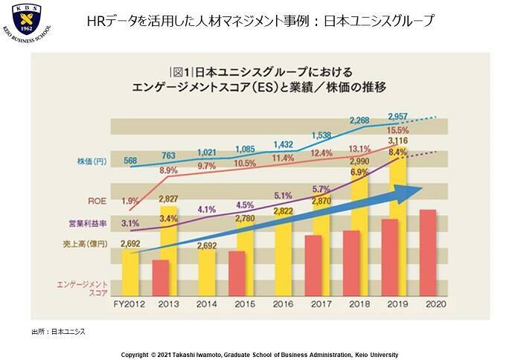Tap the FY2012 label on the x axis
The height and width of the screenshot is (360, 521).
[x=129, y=304]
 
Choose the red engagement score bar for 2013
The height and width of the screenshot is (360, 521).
[x=162, y=278]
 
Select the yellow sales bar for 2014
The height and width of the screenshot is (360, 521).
[x=208, y=273]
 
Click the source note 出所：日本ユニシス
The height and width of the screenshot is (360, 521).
[x=58, y=331]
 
